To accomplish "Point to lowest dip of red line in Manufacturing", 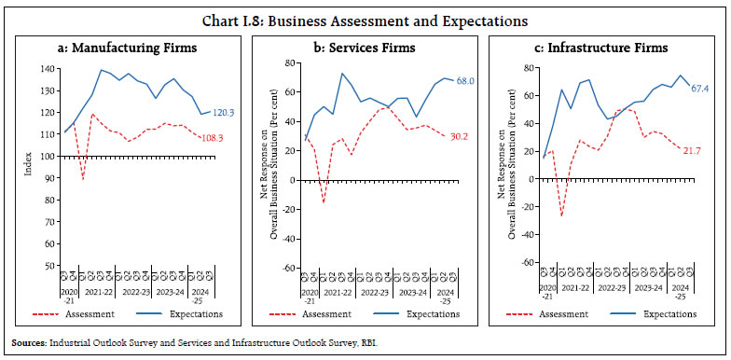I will click(83, 178).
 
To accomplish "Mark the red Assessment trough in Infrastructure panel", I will click(560, 216).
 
